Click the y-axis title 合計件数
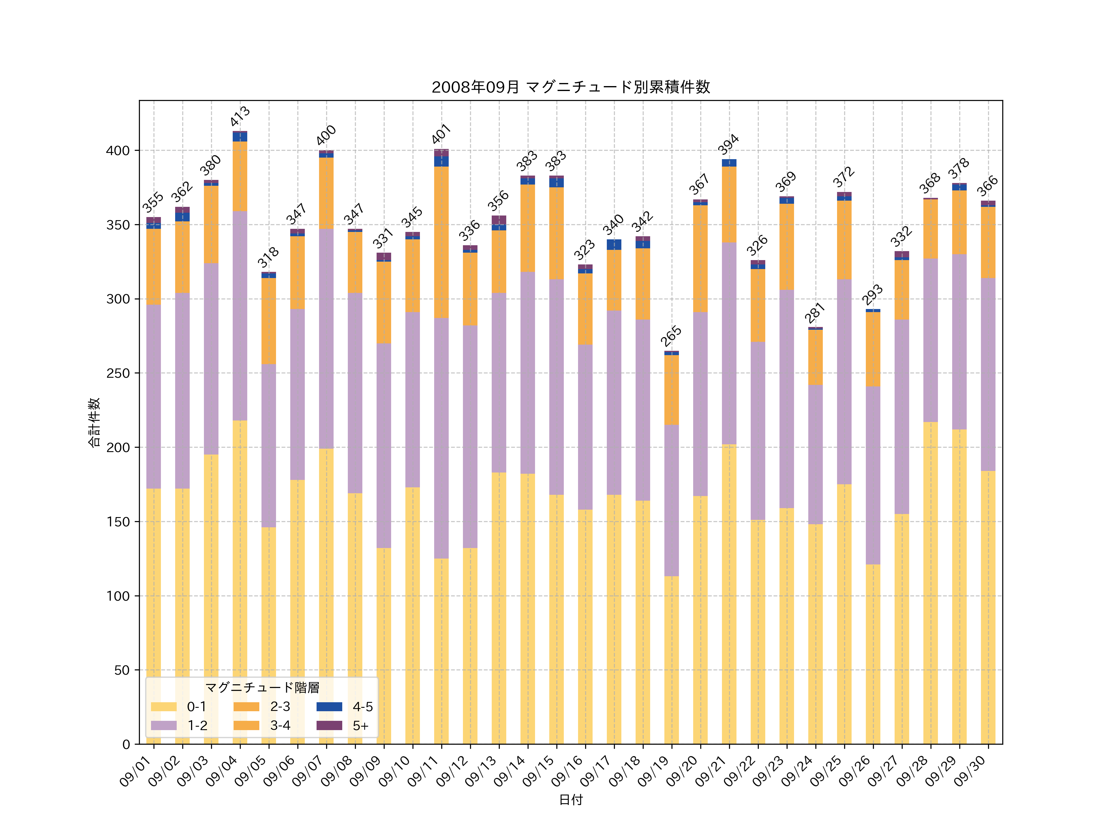click(94, 422)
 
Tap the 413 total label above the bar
click(240, 116)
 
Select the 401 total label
click(441, 134)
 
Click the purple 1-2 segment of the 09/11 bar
click(442, 438)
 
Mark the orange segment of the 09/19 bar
click(671, 390)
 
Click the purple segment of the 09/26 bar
click(873, 475)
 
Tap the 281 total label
click(815, 313)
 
